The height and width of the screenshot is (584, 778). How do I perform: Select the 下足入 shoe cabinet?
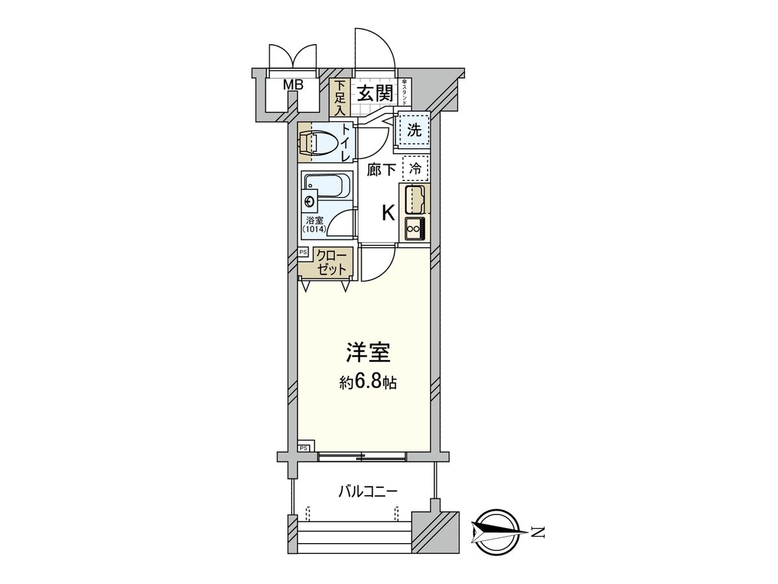[339, 97]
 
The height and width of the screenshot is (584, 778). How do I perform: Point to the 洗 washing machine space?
[414, 130]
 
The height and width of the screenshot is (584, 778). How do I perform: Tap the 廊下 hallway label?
[381, 170]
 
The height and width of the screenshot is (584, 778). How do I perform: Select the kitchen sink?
[415, 199]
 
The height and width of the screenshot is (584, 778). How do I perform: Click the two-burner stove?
[414, 228]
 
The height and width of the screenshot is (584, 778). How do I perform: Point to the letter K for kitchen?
[387, 213]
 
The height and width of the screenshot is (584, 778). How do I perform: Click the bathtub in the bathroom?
[327, 187]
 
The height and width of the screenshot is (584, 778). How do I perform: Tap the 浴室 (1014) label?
[315, 224]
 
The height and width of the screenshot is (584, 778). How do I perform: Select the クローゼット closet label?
[333, 262]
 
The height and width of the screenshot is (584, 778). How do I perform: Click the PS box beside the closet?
[303, 252]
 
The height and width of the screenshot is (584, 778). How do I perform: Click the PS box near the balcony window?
[305, 446]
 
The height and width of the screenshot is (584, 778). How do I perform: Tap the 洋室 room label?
[368, 354]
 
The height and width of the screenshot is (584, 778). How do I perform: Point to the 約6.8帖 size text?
[368, 382]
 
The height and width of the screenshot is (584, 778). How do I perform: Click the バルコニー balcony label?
[368, 491]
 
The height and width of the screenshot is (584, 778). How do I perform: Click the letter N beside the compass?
[537, 533]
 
